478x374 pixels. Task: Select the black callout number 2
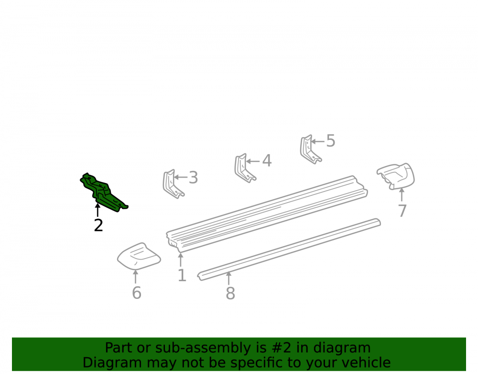pos(98,226)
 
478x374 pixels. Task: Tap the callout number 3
pos(193,177)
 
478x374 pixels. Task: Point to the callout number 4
pos(267,160)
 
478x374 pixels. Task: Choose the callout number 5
pos(331,141)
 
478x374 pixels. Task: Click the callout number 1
pos(182,275)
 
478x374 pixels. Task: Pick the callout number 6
pos(137,293)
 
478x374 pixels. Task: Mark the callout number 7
pos(402,211)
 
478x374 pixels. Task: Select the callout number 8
pos(230,294)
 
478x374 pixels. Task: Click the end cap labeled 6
pos(139,257)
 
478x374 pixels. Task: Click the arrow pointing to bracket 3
pos(181,177)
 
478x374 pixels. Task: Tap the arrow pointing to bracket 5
pos(318,141)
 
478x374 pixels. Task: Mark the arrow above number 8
pos(228,278)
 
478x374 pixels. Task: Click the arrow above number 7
pos(402,195)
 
